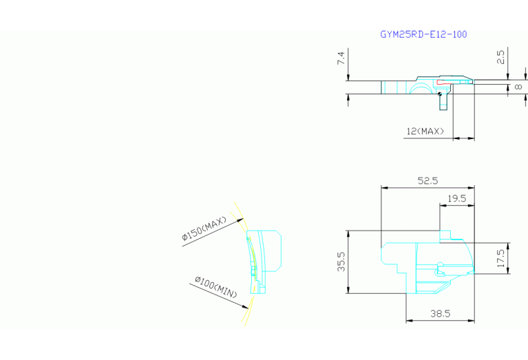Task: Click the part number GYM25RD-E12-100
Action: point(423,34)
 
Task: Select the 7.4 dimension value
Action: point(341,58)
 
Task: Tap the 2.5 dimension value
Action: point(500,57)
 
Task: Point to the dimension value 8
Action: point(518,87)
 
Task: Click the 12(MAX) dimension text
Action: point(425,131)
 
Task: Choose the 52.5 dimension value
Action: point(427,181)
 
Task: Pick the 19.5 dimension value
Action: point(456,199)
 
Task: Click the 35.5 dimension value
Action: point(341,262)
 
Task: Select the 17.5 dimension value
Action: point(500,258)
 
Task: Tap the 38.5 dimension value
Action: point(440,314)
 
